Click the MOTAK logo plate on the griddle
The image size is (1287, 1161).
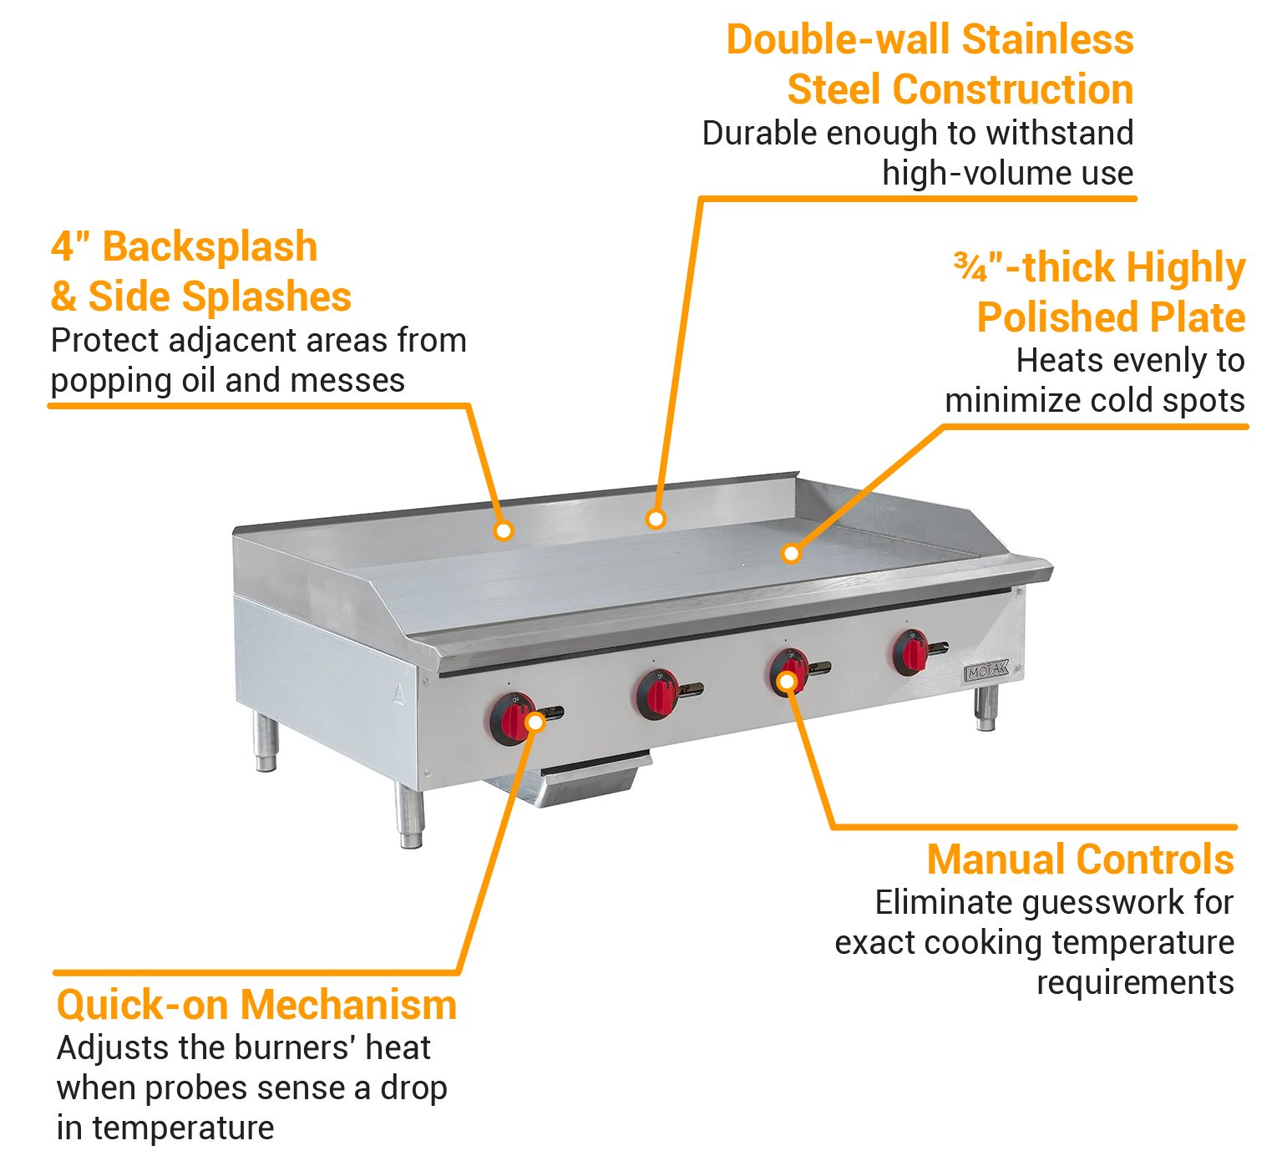point(986,671)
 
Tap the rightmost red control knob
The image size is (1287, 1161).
point(910,652)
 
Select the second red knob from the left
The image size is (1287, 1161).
point(657,694)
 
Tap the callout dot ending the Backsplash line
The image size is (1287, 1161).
point(503,530)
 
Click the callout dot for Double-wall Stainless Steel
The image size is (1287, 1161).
point(656,520)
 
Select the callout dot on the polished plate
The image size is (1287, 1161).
point(790,553)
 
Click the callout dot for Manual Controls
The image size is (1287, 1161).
point(786,682)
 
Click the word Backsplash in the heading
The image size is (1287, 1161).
point(210,247)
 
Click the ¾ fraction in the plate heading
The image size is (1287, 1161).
point(970,267)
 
